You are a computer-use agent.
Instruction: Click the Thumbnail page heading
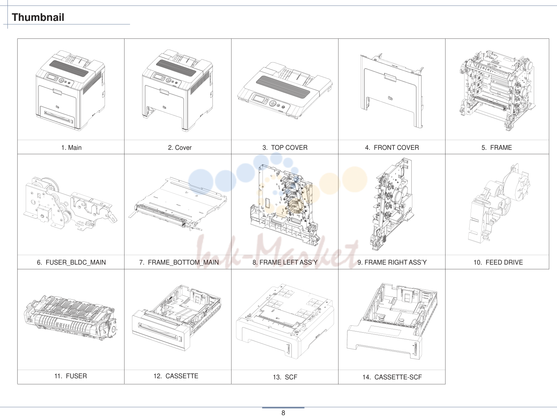point(38,17)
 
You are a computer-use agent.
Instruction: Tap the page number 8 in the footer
point(283,413)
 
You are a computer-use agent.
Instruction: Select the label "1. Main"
point(71,148)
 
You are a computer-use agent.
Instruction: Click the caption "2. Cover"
point(180,148)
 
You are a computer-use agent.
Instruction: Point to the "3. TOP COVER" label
point(285,148)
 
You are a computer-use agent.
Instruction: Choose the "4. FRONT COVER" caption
point(392,148)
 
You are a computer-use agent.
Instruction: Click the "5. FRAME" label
point(497,148)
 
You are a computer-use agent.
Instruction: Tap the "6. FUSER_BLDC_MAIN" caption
point(71,262)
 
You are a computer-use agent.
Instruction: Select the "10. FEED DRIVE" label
point(498,262)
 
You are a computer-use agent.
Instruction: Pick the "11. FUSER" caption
point(70,376)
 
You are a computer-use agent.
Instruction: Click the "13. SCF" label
point(285,377)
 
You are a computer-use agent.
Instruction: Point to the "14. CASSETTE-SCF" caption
point(392,377)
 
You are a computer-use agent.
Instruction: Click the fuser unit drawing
point(70,319)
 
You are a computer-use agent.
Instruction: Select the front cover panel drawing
point(392,91)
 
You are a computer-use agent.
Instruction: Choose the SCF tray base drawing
point(285,321)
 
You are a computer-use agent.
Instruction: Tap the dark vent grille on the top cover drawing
point(283,87)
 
